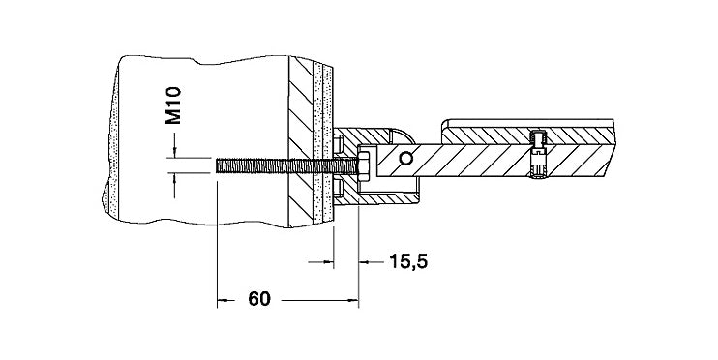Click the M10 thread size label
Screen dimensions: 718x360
[173, 105]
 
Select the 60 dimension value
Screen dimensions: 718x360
[259, 299]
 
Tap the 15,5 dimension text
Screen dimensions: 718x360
[408, 261]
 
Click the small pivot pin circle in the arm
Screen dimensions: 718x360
[405, 159]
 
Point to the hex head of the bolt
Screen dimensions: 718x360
[364, 165]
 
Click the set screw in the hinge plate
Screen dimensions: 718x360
[538, 154]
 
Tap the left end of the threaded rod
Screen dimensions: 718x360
[216, 165]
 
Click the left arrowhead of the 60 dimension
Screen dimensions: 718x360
[223, 300]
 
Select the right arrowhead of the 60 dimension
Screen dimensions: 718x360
[352, 300]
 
